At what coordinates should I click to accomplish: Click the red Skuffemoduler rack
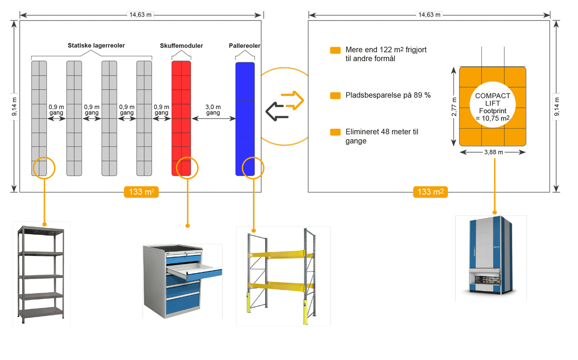[181, 111]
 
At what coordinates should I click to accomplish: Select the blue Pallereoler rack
[245, 111]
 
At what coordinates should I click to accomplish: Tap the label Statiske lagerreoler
[96, 46]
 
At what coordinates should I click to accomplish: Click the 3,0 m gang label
[213, 110]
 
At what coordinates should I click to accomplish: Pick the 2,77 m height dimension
[454, 107]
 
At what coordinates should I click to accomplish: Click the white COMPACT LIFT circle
[492, 107]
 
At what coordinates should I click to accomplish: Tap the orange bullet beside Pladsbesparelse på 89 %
[335, 95]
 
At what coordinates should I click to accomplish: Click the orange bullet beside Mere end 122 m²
[335, 50]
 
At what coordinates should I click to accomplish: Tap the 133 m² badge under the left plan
[141, 192]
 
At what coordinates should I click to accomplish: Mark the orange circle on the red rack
[187, 167]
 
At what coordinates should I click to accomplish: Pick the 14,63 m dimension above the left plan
[140, 15]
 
